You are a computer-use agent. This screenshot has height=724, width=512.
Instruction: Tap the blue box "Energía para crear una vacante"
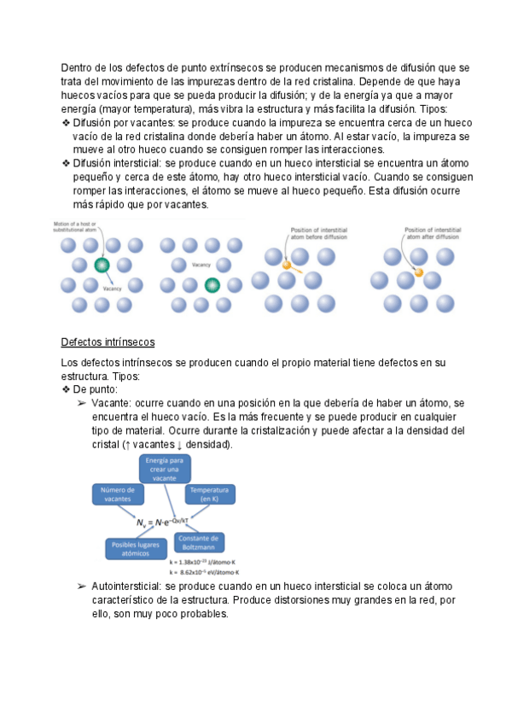click(x=164, y=470)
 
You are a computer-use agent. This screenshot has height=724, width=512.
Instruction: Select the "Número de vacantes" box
click(x=118, y=494)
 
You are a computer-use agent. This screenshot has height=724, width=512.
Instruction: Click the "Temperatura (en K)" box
click(x=210, y=495)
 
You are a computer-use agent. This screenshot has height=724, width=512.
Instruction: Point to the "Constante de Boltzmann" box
click(x=200, y=544)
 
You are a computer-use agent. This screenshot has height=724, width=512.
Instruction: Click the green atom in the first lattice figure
click(x=102, y=265)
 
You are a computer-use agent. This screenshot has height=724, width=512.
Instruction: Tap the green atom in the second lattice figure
click(x=212, y=284)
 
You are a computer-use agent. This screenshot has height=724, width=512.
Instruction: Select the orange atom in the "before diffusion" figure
click(x=287, y=266)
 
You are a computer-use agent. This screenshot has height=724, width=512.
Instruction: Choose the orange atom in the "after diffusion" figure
click(x=419, y=272)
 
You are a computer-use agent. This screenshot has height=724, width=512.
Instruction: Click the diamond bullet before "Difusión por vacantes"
click(x=67, y=123)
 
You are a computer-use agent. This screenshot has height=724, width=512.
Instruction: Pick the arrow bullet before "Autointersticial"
click(x=82, y=587)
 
